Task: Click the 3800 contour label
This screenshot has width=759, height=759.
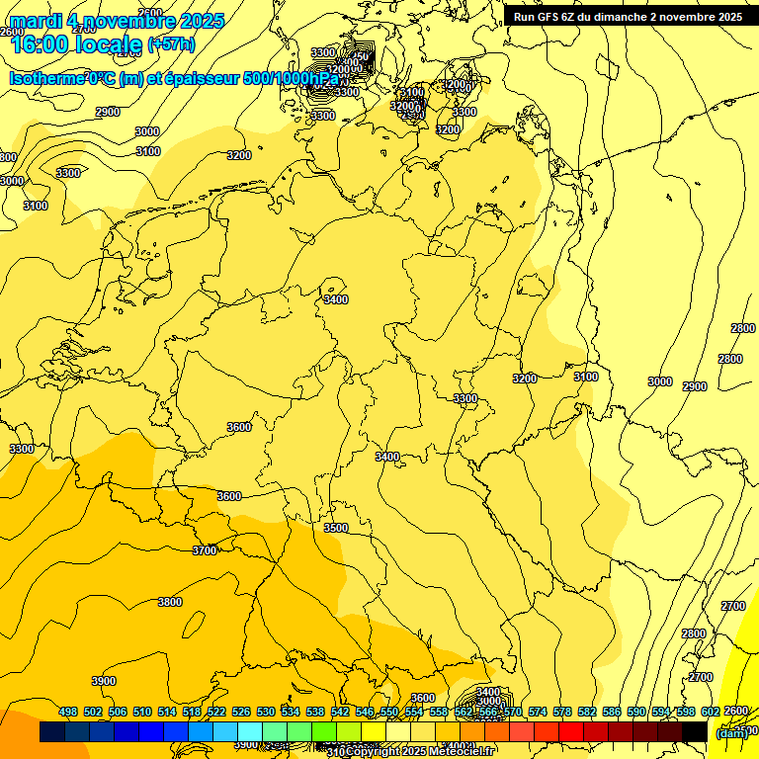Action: tap(170, 602)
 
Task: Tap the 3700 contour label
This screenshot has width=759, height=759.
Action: tap(205, 550)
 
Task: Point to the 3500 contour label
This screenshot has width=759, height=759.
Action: tap(336, 528)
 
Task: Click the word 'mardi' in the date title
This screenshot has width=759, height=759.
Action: tap(39, 21)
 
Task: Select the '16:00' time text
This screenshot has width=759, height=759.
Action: tap(39, 43)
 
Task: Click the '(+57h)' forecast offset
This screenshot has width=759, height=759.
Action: tap(171, 44)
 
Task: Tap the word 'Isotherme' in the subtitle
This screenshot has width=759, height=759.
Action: tap(47, 79)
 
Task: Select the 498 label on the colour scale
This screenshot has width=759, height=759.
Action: tap(68, 712)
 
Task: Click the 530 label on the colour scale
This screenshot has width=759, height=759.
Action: tap(266, 712)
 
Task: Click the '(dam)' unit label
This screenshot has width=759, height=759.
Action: tap(731, 732)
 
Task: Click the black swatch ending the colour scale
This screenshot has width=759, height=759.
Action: tap(695, 731)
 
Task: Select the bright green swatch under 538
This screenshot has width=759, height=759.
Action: tap(299, 731)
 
